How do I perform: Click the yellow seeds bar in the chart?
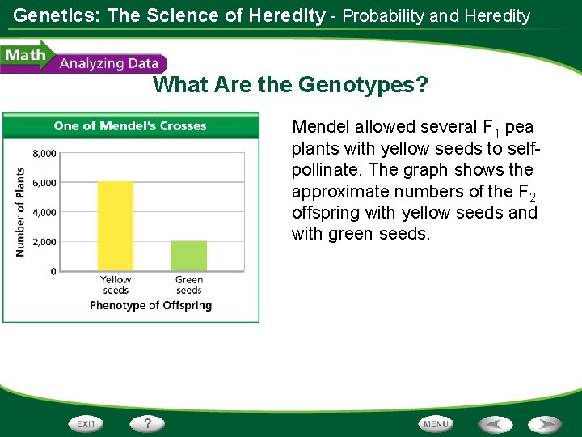[x=116, y=226]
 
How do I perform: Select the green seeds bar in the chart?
[x=188, y=256]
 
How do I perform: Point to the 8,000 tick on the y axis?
[x=44, y=153]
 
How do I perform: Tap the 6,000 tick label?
[x=44, y=183]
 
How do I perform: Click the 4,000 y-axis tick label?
[x=44, y=212]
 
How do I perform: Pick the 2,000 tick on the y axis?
[x=44, y=242]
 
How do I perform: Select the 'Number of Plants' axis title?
[x=20, y=212]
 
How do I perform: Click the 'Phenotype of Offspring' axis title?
[x=150, y=305]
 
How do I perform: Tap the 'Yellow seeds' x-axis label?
[x=116, y=285]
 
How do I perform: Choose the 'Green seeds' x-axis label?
[x=188, y=285]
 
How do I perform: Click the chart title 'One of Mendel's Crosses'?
[x=130, y=125]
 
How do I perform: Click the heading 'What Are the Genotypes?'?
[x=291, y=84]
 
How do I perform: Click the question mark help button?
[x=148, y=423]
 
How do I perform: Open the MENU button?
[x=436, y=424]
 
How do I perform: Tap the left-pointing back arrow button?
[x=494, y=424]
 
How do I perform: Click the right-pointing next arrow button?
[x=545, y=424]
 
